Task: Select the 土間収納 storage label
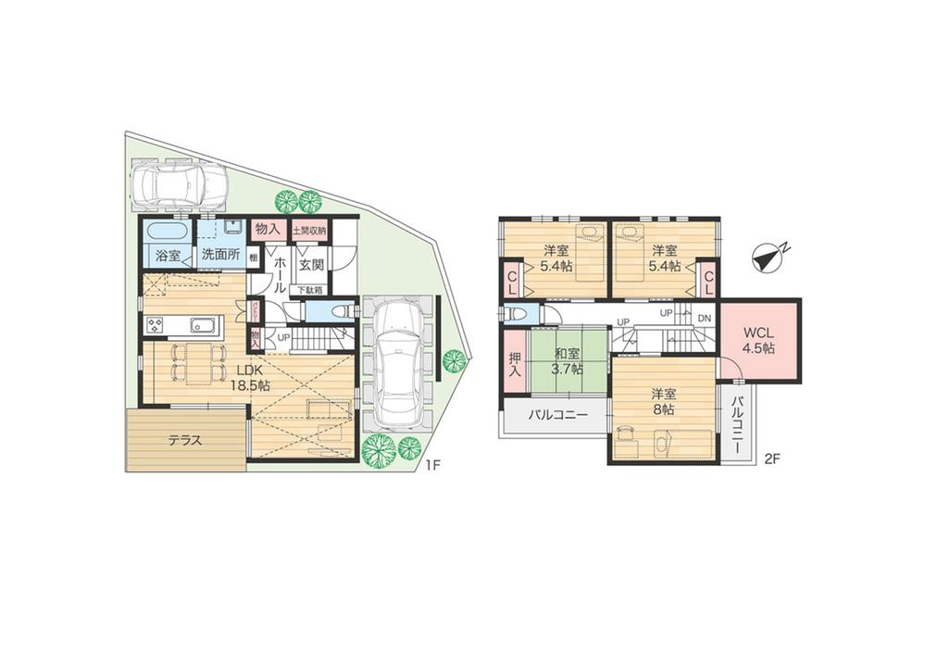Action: (x=309, y=230)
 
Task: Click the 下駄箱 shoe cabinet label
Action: (x=309, y=290)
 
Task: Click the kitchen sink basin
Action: (x=203, y=325)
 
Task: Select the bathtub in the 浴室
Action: (x=167, y=230)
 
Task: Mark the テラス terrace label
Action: (x=185, y=441)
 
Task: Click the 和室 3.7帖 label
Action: (x=567, y=360)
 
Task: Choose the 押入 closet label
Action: (x=514, y=364)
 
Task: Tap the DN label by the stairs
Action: (x=704, y=318)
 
